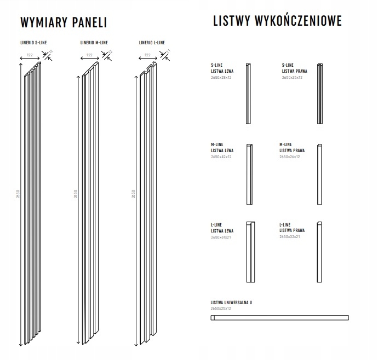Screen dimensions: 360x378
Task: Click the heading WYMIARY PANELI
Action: click(x=63, y=22)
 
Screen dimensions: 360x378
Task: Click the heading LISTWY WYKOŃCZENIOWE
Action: click(x=277, y=21)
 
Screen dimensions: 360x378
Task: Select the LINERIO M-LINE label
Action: click(x=94, y=43)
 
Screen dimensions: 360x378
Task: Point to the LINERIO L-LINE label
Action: click(x=152, y=43)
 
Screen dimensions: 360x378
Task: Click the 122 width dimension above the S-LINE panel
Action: click(x=30, y=55)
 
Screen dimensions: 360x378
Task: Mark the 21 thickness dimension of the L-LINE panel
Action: click(x=168, y=52)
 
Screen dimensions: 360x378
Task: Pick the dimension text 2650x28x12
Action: click(x=222, y=78)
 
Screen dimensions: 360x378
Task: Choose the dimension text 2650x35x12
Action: click(x=292, y=78)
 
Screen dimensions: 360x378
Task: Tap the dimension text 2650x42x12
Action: click(x=222, y=157)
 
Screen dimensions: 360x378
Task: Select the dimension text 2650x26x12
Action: click(x=290, y=157)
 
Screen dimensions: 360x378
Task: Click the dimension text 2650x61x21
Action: click(x=222, y=237)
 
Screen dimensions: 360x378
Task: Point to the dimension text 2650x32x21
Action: click(x=290, y=237)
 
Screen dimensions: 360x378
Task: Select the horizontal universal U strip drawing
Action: click(x=279, y=317)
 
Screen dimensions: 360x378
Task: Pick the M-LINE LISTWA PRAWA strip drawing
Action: click(x=319, y=173)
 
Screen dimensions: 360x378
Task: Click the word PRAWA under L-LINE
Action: click(x=299, y=231)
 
